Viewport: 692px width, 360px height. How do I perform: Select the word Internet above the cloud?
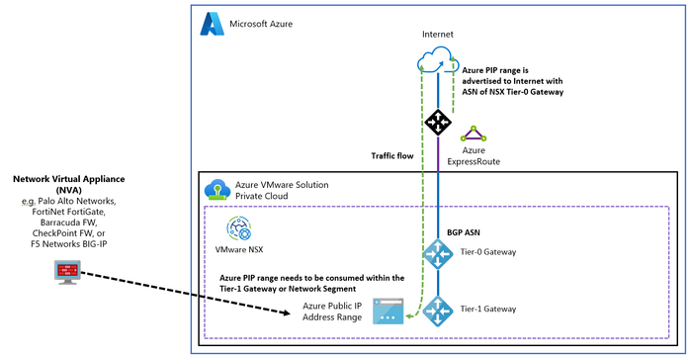pos(437,34)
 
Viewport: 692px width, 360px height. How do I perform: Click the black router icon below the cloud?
pos(437,123)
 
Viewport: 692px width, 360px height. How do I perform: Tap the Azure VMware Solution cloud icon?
pos(216,190)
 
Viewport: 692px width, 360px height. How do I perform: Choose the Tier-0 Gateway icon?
pos(437,253)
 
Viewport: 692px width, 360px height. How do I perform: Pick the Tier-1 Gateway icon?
pos(437,312)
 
